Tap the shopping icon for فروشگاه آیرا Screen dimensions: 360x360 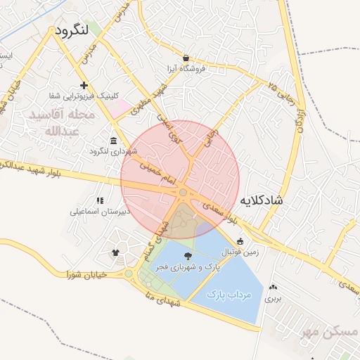tap(186, 58)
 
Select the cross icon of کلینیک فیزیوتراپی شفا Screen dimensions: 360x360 tap(84, 85)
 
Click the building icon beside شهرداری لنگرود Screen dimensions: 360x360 tap(114, 139)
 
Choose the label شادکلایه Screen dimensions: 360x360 tap(262, 200)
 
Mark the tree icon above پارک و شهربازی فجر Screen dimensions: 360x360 tap(188, 257)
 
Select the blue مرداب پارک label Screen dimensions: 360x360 tap(230, 295)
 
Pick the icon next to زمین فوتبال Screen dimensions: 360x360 tap(240, 242)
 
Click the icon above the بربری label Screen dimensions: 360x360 tap(273, 288)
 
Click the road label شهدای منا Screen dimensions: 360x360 tap(161, 292)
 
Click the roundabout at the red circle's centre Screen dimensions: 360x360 tap(183, 192)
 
